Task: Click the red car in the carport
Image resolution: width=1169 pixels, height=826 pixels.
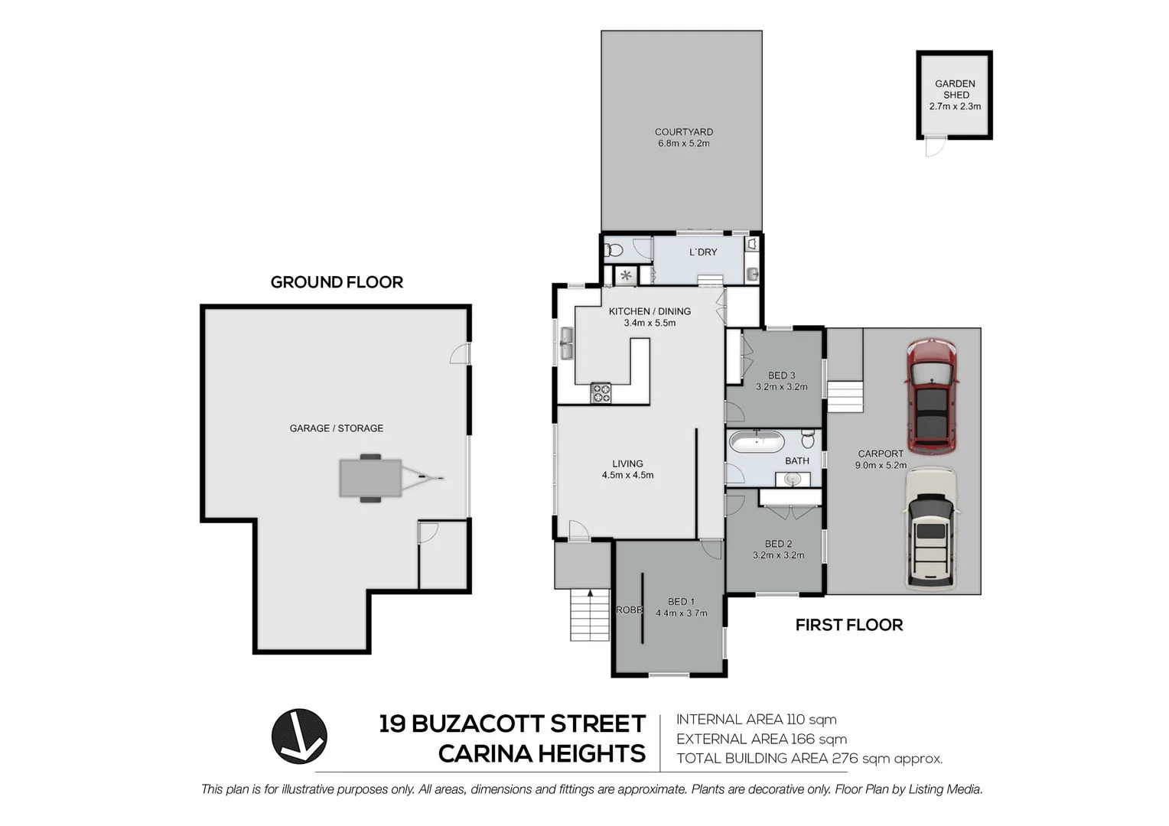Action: pos(931,396)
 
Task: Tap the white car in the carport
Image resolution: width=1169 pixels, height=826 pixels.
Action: pos(930,529)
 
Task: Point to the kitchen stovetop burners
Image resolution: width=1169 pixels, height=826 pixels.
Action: pos(601,393)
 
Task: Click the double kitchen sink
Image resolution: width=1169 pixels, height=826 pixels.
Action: pos(566,343)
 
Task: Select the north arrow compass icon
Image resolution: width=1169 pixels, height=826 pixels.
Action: pos(299,736)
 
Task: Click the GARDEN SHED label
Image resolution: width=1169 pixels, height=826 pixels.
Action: pos(955,89)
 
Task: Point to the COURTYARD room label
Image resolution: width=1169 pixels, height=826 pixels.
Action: pos(683,132)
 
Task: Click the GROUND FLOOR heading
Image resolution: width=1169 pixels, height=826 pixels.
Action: pos(337,282)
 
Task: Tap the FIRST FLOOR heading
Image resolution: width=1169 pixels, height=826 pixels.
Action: pos(848,626)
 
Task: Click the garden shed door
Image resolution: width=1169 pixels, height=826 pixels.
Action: pos(933,146)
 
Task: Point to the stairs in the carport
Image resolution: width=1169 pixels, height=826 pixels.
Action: pos(845,396)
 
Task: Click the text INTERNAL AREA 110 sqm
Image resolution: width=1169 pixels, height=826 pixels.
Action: pos(756,720)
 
